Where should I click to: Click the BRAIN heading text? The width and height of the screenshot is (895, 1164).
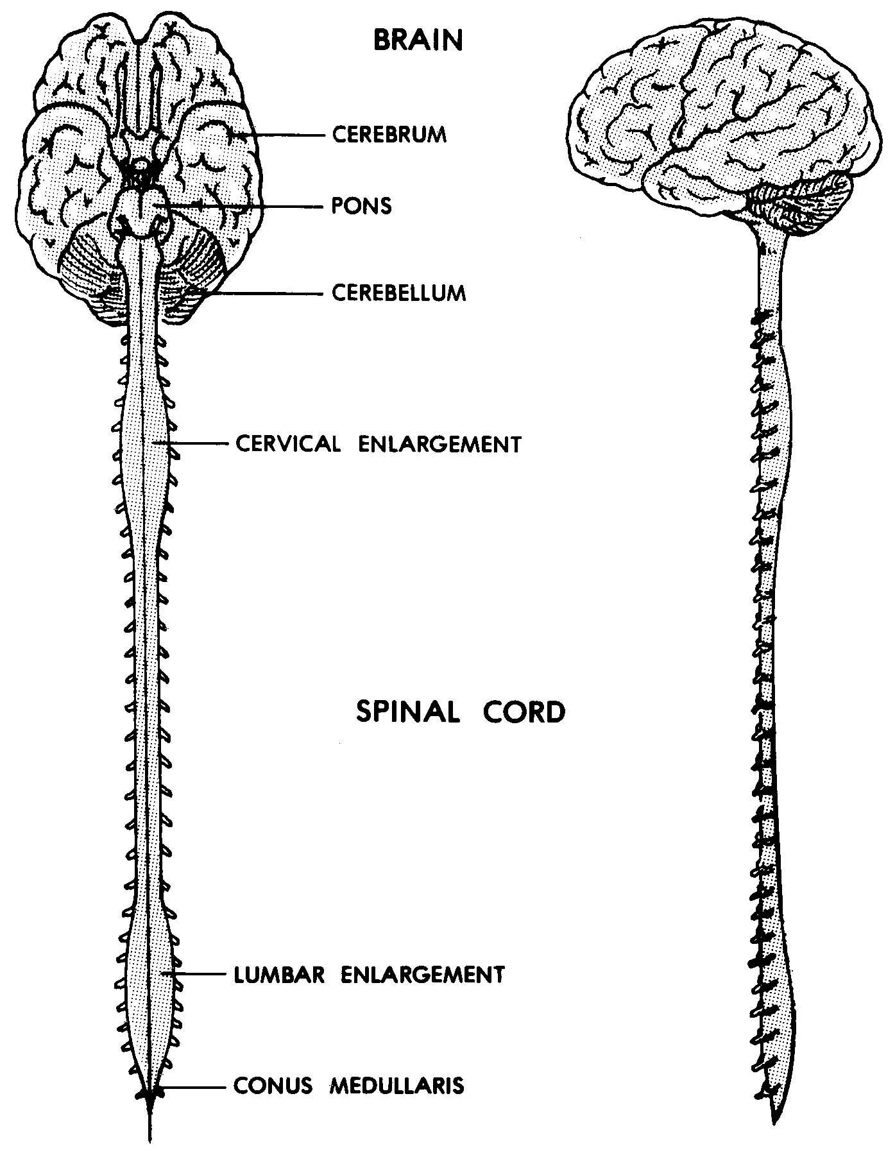coord(418,40)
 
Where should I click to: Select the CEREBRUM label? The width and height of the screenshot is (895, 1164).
coord(389,135)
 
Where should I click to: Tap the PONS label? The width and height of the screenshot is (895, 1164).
coord(361,206)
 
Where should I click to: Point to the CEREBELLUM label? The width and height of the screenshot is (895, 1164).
coord(398,293)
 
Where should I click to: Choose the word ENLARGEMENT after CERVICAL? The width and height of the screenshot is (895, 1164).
coord(439,444)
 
